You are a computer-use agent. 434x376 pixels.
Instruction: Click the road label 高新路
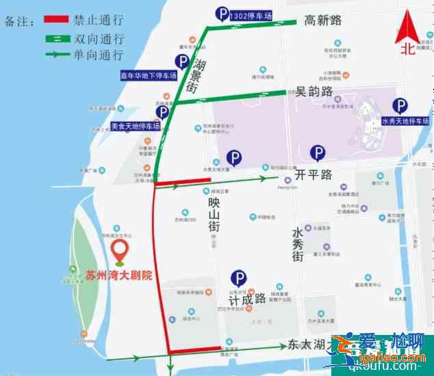tap(323, 21)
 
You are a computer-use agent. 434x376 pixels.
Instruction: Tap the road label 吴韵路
tap(314, 91)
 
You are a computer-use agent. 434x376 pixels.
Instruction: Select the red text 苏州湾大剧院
tap(119, 276)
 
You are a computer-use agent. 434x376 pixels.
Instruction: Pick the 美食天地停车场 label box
tap(136, 126)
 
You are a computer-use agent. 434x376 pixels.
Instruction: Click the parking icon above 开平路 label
tap(318, 153)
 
